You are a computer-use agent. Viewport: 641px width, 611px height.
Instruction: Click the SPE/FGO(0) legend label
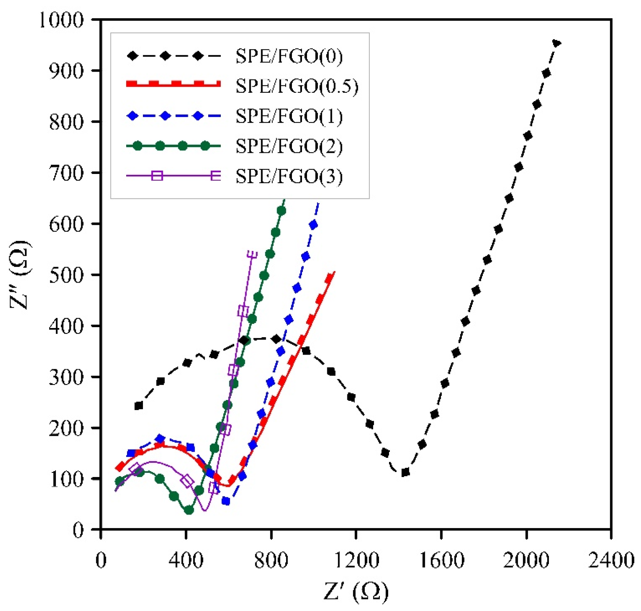(289, 56)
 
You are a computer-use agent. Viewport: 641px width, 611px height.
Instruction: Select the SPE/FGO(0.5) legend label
(297, 86)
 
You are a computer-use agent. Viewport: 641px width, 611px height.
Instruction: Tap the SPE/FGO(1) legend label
(289, 116)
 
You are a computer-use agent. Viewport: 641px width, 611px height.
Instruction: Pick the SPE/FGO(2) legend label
(289, 146)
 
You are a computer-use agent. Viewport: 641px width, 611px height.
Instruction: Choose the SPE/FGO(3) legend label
(289, 176)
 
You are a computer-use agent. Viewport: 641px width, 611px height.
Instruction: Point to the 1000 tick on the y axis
(62, 20)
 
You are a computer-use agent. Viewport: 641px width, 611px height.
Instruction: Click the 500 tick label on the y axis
(67, 275)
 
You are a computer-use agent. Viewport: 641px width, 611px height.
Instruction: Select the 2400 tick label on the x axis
(611, 560)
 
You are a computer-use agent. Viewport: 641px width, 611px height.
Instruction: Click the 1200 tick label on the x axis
(356, 560)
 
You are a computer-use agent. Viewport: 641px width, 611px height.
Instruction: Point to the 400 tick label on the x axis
(186, 560)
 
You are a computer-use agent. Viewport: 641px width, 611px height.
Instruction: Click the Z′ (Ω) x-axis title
(356, 591)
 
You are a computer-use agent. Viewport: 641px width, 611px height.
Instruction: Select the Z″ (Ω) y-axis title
(20, 275)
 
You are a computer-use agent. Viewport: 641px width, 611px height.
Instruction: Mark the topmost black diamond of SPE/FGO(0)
(556, 43)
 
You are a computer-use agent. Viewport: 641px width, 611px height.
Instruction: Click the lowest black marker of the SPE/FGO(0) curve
(405, 472)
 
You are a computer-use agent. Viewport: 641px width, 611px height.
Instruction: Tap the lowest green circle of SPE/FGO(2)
(189, 510)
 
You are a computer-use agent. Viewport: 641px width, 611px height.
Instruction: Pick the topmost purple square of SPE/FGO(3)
(252, 253)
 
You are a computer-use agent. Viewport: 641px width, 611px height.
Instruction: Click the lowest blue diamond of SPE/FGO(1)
(226, 501)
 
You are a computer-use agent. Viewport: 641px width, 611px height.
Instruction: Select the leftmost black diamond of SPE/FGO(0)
(139, 406)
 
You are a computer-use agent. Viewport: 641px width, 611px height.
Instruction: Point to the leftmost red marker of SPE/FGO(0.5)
(120, 467)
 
